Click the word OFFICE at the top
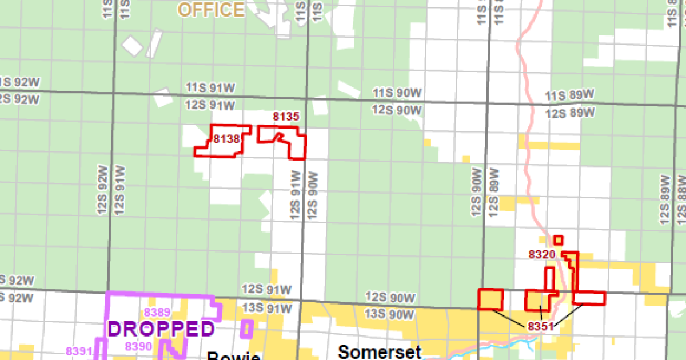[211, 10]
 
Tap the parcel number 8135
[286, 117]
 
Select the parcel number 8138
[226, 138]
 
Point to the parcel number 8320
[542, 254]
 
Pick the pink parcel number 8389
[157, 312]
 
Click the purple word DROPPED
[161, 329]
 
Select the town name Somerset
[379, 351]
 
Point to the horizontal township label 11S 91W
[210, 87]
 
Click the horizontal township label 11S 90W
[397, 92]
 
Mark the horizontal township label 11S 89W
[570, 95]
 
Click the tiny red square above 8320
[559, 240]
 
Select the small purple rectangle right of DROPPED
[247, 329]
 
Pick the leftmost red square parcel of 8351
[491, 299]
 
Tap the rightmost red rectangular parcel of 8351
[589, 298]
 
